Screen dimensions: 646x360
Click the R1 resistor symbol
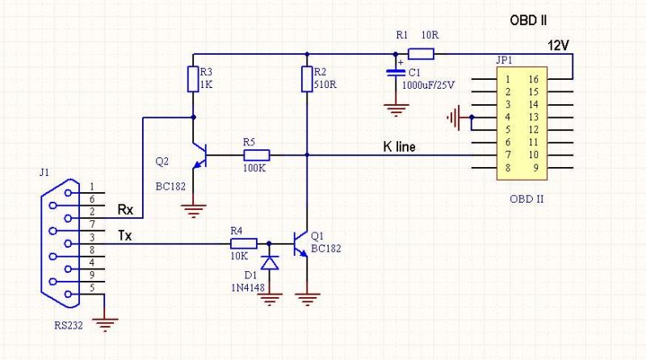tap(421, 54)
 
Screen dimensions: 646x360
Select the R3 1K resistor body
tap(193, 78)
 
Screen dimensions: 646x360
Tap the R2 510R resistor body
tap(307, 78)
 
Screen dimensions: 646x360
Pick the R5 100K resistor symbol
tap(256, 155)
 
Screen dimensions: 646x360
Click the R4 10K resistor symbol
tap(244, 244)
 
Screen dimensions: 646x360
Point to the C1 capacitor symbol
tap(396, 73)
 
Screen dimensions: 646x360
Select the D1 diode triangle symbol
tap(270, 262)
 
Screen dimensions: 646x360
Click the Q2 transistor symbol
tap(199, 155)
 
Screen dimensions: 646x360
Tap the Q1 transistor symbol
tap(300, 244)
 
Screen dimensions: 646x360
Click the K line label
tap(399, 147)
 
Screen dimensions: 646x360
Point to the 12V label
tap(558, 45)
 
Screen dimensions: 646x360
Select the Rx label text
tap(126, 209)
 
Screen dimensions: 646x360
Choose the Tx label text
tap(125, 236)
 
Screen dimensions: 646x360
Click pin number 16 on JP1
tap(534, 79)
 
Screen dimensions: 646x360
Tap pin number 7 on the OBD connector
tap(508, 155)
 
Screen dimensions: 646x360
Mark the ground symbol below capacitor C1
tap(396, 111)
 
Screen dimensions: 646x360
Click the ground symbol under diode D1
tap(270, 299)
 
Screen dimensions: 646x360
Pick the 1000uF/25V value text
tap(429, 86)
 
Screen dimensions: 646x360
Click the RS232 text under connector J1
tap(69, 325)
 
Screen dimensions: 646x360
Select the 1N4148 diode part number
tap(248, 287)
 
